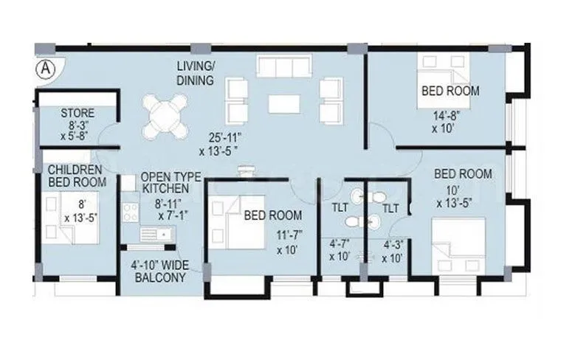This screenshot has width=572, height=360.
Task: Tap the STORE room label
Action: (77, 113)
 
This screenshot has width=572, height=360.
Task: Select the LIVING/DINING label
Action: (195, 73)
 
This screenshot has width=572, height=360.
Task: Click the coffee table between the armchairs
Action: (283, 103)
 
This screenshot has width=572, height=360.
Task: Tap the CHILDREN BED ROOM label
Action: (76, 176)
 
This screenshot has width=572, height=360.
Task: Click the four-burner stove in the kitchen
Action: (131, 212)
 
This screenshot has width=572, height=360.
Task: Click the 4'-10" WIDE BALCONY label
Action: (159, 272)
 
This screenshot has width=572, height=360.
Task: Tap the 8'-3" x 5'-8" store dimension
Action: (77, 131)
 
